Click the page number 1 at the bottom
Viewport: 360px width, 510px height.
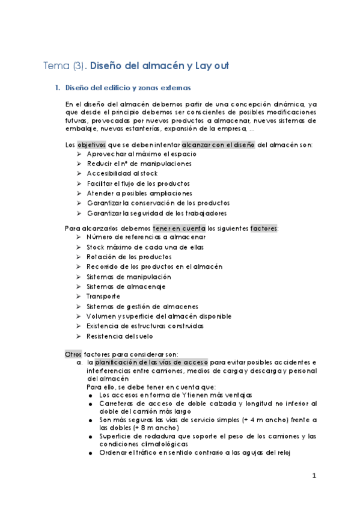click(314, 476)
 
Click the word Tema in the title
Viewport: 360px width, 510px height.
click(54, 65)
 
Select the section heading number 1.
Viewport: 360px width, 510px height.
click(57, 88)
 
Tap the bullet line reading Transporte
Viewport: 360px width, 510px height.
click(103, 296)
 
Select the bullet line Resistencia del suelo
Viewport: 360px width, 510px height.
click(120, 336)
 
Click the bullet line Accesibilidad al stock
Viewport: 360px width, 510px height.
click(123, 173)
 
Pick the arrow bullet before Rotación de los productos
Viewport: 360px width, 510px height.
click(79, 257)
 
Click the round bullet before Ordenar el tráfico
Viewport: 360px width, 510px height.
click(90, 453)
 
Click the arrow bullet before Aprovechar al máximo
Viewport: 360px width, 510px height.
click(79, 155)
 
